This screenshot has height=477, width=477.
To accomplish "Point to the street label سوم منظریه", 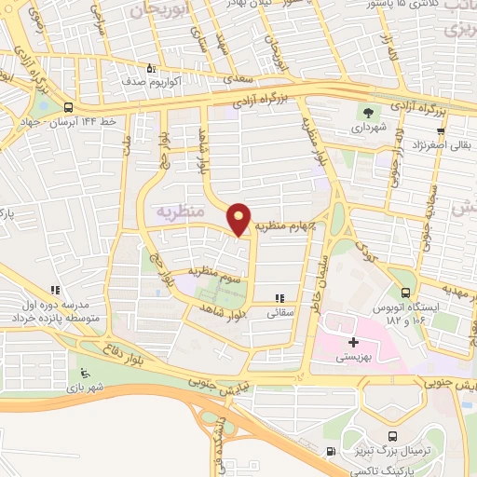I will [216, 272].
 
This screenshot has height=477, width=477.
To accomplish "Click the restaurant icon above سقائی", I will [277, 299].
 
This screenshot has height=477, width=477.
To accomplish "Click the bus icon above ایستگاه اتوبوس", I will [403, 276].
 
